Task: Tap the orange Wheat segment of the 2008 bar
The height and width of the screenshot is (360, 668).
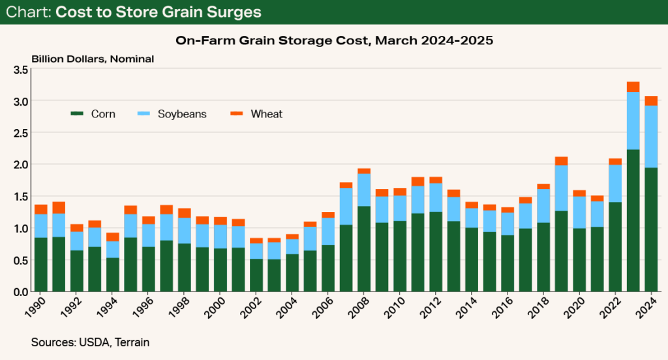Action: [364, 171]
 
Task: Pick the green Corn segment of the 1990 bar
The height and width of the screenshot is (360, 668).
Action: [41, 264]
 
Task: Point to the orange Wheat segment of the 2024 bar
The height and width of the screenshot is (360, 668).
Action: [650, 100]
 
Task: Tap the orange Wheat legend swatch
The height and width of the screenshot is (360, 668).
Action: [237, 114]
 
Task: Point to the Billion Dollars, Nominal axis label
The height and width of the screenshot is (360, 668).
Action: [92, 59]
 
